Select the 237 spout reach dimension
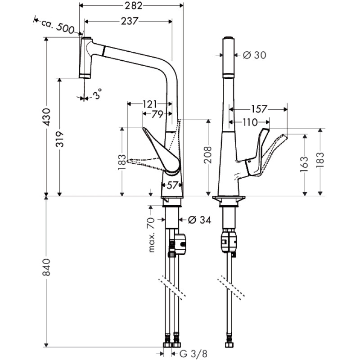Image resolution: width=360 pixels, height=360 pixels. (x=129, y=21)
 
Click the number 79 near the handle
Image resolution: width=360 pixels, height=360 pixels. (x=157, y=115)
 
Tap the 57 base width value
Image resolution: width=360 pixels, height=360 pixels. (x=172, y=185)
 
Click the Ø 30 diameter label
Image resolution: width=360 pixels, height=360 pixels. (x=254, y=55)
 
